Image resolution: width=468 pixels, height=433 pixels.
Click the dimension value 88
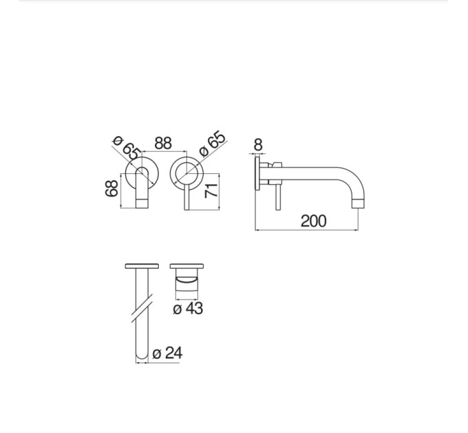point(163,143)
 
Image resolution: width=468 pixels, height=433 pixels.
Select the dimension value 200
point(313,221)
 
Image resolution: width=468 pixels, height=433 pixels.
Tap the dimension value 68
point(111,188)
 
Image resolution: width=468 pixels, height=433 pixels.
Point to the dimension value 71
point(211,190)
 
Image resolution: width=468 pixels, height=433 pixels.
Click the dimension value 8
point(258,145)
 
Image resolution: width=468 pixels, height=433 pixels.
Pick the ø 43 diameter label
point(188,308)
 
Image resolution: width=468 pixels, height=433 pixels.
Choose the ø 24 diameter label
point(167,353)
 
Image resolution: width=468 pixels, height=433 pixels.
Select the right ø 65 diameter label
point(212,144)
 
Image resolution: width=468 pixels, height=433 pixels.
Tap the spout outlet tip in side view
point(359,204)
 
